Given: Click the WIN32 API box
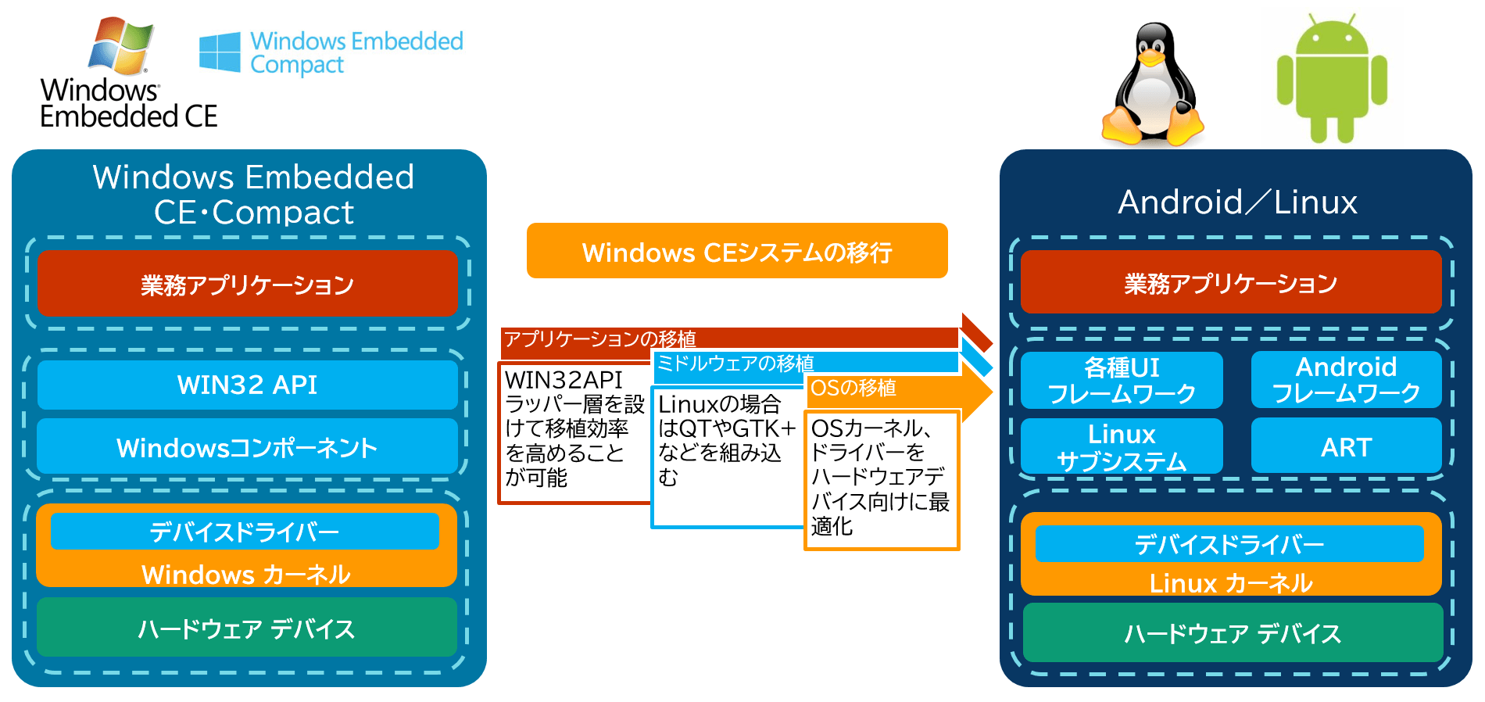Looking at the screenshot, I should coord(247,385).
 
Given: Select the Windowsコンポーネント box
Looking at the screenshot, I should coord(247,447).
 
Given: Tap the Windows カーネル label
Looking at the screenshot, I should coord(246,575).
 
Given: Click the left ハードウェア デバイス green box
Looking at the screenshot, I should coord(247,629).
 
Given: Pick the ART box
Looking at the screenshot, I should coord(1346,446).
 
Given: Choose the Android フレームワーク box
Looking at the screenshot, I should coord(1346,380).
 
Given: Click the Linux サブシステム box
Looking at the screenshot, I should coord(1122,446).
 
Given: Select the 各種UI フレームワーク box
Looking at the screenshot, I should coord(1122,380).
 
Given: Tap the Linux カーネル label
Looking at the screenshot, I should coord(1231,583).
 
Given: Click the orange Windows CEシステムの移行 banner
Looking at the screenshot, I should coord(737,252).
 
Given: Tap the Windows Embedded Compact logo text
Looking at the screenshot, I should coord(356,52).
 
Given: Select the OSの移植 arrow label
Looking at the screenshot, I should coord(853,389).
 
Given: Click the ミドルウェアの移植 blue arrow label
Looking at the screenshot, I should coord(735,364).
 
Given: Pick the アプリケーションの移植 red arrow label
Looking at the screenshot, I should coord(599,338).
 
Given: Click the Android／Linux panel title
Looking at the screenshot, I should coord(1237,202).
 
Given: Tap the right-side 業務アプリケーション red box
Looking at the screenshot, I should coord(1231,283).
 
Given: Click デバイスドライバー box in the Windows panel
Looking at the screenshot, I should coord(245,532).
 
